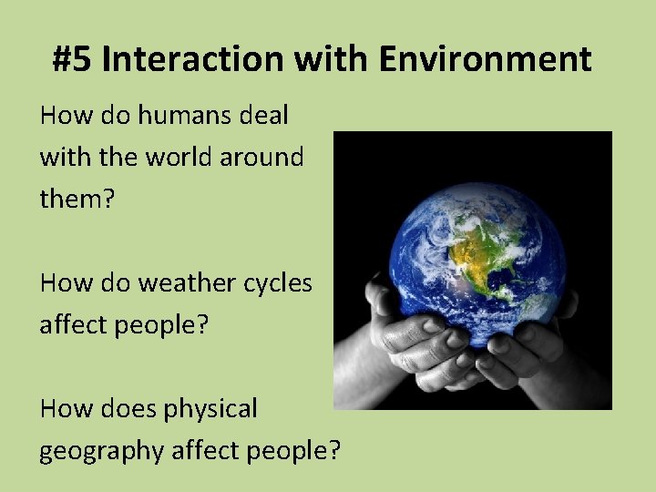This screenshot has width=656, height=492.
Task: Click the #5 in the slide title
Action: (72, 60)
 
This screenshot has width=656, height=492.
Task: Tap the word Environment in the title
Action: (485, 60)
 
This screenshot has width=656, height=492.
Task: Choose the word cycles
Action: (277, 282)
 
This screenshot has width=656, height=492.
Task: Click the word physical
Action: (210, 409)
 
